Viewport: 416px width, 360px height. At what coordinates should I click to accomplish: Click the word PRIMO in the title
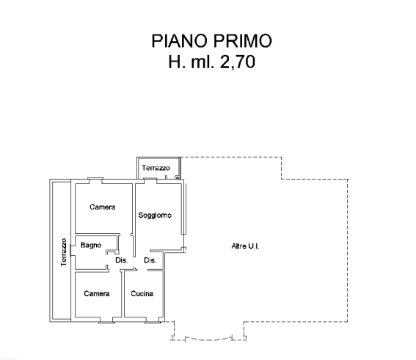click(242, 41)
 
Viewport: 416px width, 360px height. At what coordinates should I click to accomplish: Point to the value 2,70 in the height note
click(238, 62)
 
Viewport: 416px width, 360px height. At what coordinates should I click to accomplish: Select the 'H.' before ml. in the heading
click(177, 62)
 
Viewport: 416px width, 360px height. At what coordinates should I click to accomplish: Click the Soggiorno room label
click(155, 216)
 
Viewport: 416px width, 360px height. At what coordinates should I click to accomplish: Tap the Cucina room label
click(142, 293)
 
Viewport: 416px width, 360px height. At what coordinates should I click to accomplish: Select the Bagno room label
click(91, 245)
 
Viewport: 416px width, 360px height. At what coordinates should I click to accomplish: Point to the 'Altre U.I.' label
click(245, 246)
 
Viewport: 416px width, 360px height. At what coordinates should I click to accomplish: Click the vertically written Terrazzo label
click(64, 252)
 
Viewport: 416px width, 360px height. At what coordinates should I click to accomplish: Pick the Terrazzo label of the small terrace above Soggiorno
click(156, 168)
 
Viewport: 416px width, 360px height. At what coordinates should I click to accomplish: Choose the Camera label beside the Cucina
click(97, 293)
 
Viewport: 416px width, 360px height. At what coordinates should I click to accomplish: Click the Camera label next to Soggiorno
click(103, 207)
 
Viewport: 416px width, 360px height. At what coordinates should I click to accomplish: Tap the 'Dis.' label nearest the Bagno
click(122, 260)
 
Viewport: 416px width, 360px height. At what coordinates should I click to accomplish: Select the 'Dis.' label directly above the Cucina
click(150, 260)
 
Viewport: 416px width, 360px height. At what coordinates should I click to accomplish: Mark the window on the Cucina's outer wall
click(153, 322)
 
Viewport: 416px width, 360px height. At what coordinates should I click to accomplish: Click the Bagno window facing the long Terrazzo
click(70, 250)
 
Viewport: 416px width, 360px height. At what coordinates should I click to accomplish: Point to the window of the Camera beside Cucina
click(106, 322)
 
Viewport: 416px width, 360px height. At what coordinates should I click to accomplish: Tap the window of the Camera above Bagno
click(95, 178)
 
